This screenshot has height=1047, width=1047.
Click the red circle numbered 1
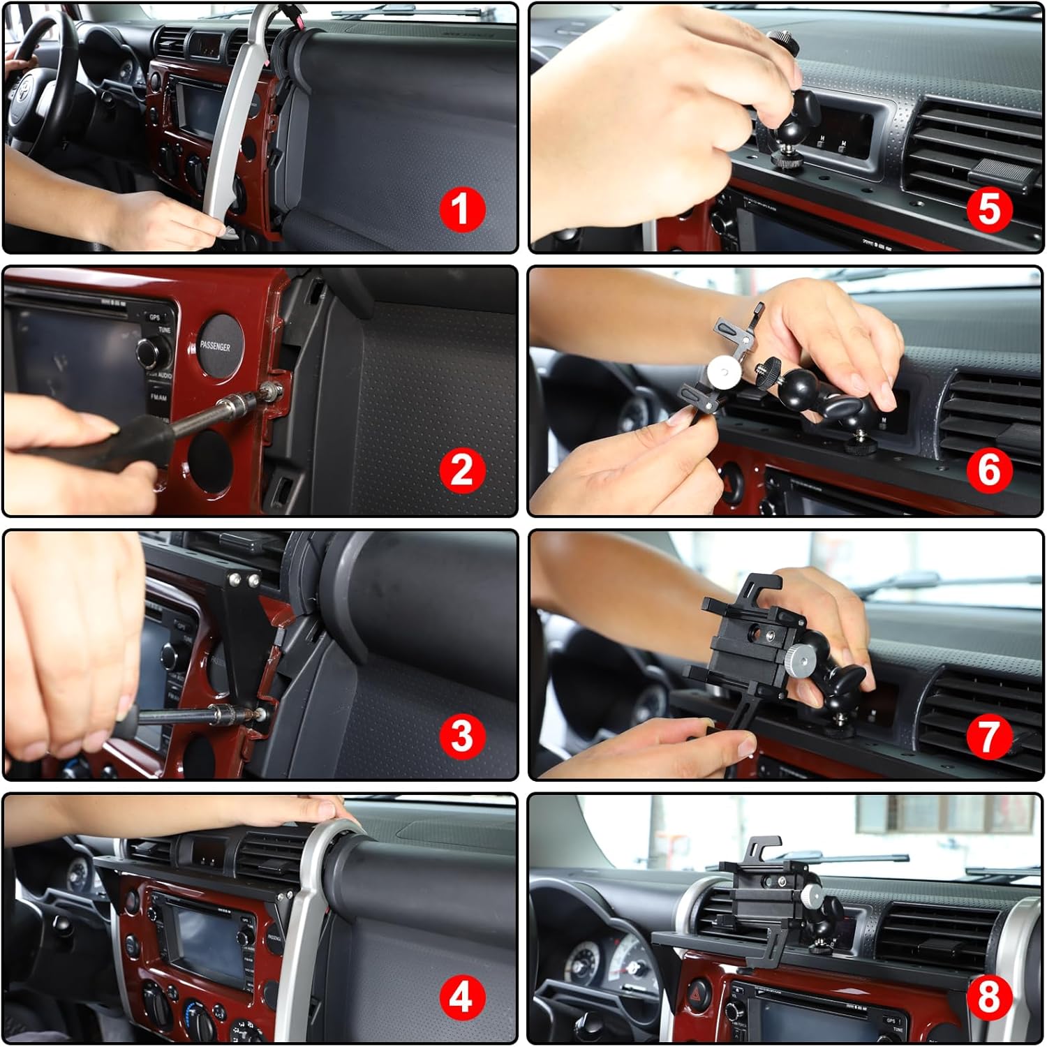pyautogui.click(x=461, y=209)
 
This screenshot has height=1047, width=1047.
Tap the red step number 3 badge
pyautogui.click(x=461, y=736)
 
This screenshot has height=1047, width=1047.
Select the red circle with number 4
pyautogui.click(x=461, y=998)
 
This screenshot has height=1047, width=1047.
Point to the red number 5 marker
pyautogui.click(x=989, y=209)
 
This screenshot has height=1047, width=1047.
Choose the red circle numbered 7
pyautogui.click(x=989, y=736)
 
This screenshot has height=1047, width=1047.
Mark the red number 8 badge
pyautogui.click(x=989, y=998)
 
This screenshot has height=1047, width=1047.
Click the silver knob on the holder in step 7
pyautogui.click(x=801, y=656)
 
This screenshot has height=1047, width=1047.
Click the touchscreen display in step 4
pyautogui.click(x=209, y=935)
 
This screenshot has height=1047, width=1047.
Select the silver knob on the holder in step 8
pyautogui.click(x=811, y=894)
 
